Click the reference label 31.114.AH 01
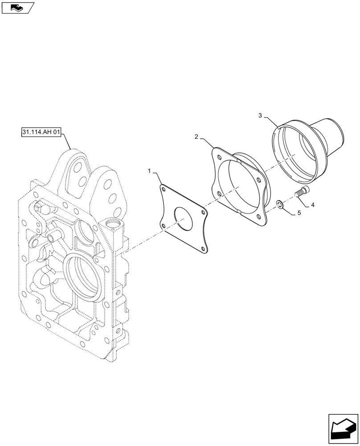point(41,132)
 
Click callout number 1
point(150,170)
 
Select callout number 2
point(196,136)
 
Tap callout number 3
point(260,116)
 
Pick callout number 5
point(299,213)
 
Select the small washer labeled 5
point(279,204)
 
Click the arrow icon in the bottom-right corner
point(343,428)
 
